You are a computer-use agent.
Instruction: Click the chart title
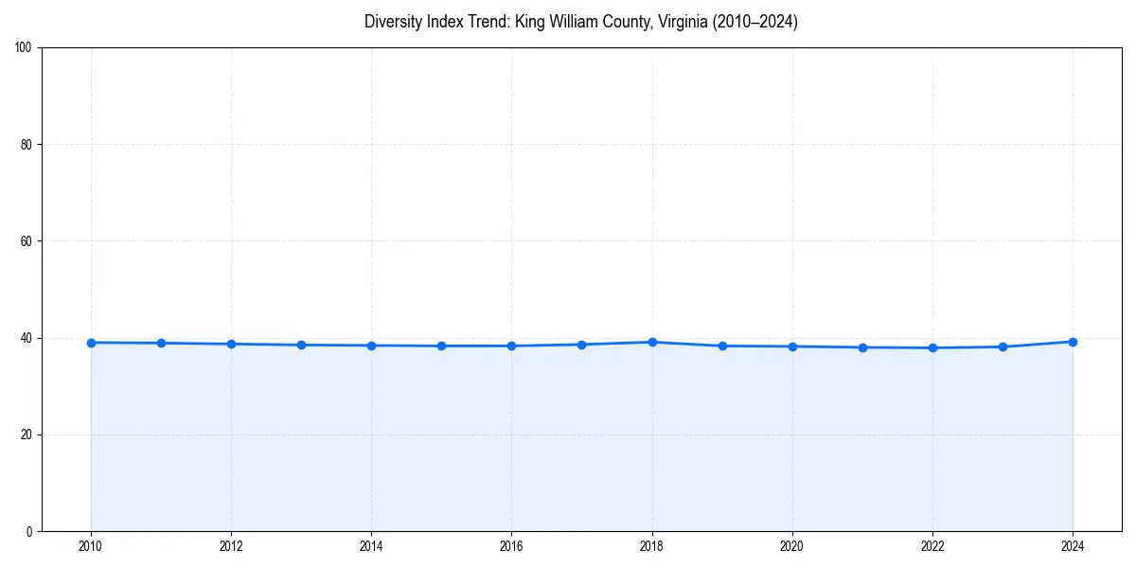580,22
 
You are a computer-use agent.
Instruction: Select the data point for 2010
91,343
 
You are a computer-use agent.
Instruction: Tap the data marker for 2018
652,342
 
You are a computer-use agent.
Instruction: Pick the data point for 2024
1073,342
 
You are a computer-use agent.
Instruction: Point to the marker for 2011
161,343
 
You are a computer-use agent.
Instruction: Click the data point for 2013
301,345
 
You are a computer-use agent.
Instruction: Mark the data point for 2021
862,347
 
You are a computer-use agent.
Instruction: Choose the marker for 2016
511,346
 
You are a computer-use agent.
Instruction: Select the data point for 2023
1003,346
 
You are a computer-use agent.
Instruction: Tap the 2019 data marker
722,346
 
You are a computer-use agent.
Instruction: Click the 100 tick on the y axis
25,48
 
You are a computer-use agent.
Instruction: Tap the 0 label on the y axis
30,531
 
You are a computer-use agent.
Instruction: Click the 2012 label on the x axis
231,546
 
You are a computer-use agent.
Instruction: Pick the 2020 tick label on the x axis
792,546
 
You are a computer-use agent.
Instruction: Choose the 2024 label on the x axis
1073,546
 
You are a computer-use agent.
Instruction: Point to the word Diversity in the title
392,22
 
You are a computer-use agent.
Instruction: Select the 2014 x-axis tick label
371,546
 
